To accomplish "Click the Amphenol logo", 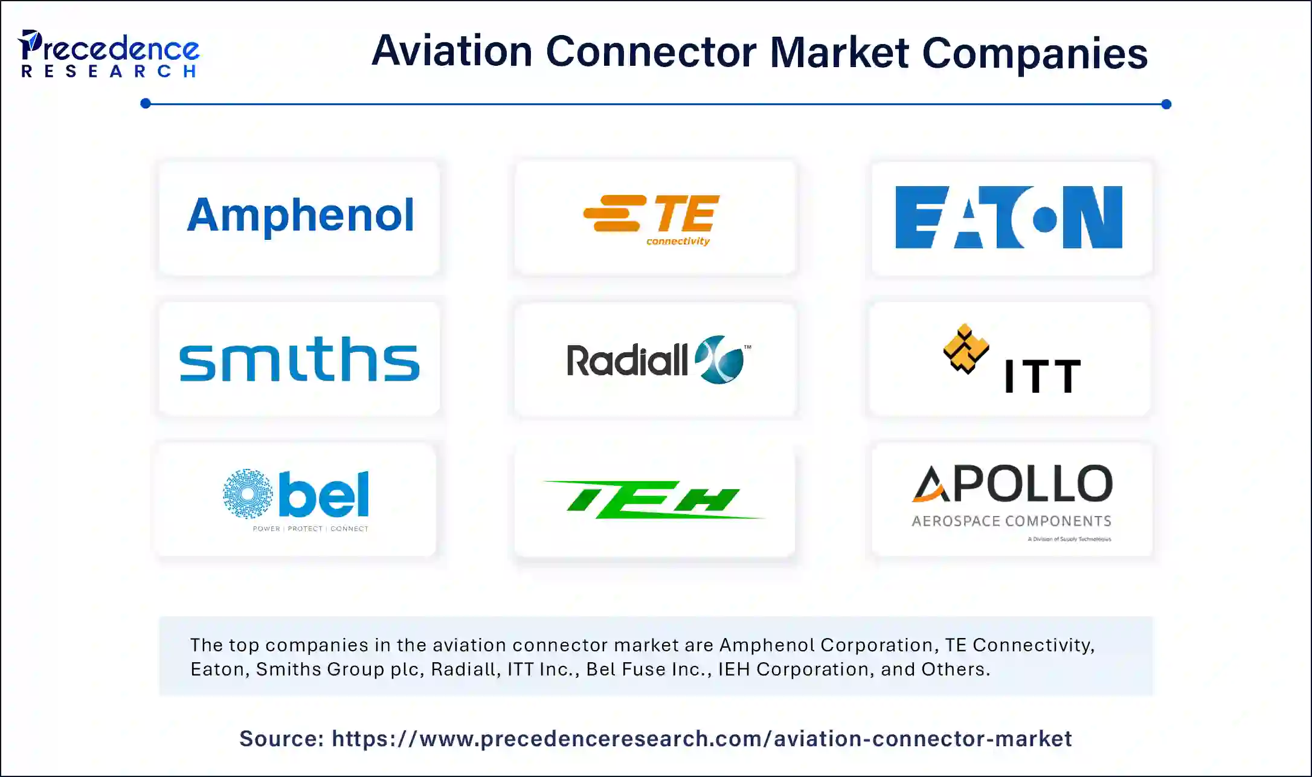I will click(300, 216).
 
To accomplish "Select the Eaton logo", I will click(1008, 218).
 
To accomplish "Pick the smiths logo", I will click(300, 359).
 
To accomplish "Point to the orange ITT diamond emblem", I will click(965, 349).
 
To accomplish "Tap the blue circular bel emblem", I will click(248, 494).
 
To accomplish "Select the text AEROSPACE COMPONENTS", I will click(1011, 521).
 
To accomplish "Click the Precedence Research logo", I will click(109, 54).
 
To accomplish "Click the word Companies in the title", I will click(1034, 53).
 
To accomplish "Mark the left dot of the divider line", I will click(146, 104).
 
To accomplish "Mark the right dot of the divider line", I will click(1166, 104).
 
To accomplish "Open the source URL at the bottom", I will click(701, 738).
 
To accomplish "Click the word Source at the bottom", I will click(281, 738).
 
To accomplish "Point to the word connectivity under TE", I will click(678, 241).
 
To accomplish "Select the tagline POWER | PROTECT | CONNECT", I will click(310, 529).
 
